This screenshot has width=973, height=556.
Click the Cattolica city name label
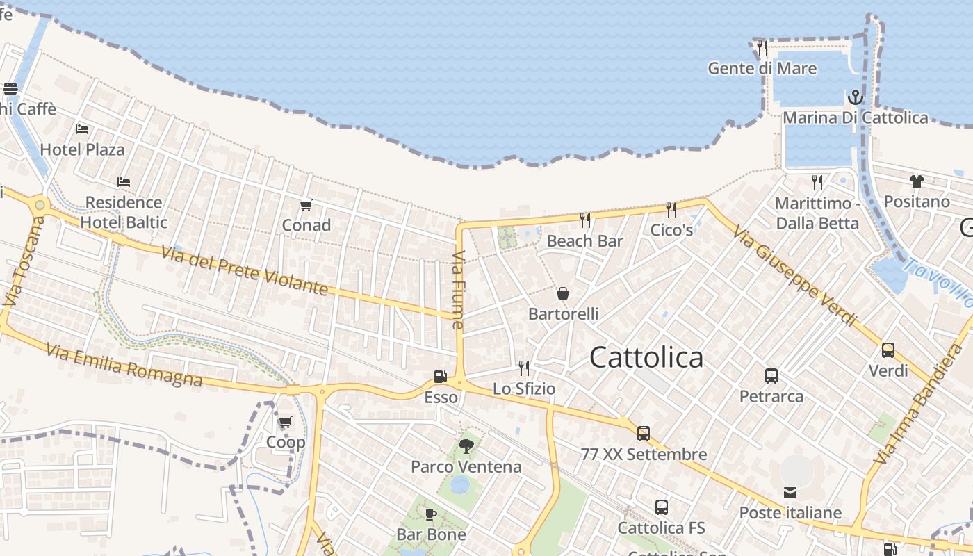tap(646, 357)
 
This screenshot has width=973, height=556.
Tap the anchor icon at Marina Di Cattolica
tap(855, 97)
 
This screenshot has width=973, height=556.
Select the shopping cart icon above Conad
tap(306, 206)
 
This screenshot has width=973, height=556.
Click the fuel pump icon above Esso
tap(440, 377)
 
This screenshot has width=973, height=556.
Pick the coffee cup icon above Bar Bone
tap(431, 514)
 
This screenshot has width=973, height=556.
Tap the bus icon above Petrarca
tap(771, 376)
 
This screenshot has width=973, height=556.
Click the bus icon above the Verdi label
tap(888, 350)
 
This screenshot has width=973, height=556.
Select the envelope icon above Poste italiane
tap(790, 493)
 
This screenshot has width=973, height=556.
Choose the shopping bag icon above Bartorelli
tap(563, 293)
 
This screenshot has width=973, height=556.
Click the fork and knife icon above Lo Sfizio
tap(524, 368)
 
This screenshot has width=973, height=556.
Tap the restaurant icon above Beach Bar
tap(585, 220)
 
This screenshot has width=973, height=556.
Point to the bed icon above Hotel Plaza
tap(82, 129)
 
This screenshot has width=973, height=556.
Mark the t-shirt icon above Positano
tap(916, 181)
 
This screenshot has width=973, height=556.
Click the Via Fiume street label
tap(458, 291)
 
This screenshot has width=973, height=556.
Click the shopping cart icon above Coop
tap(285, 422)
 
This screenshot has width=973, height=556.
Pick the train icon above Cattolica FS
tap(662, 507)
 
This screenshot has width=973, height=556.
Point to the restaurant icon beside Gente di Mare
tap(762, 48)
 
